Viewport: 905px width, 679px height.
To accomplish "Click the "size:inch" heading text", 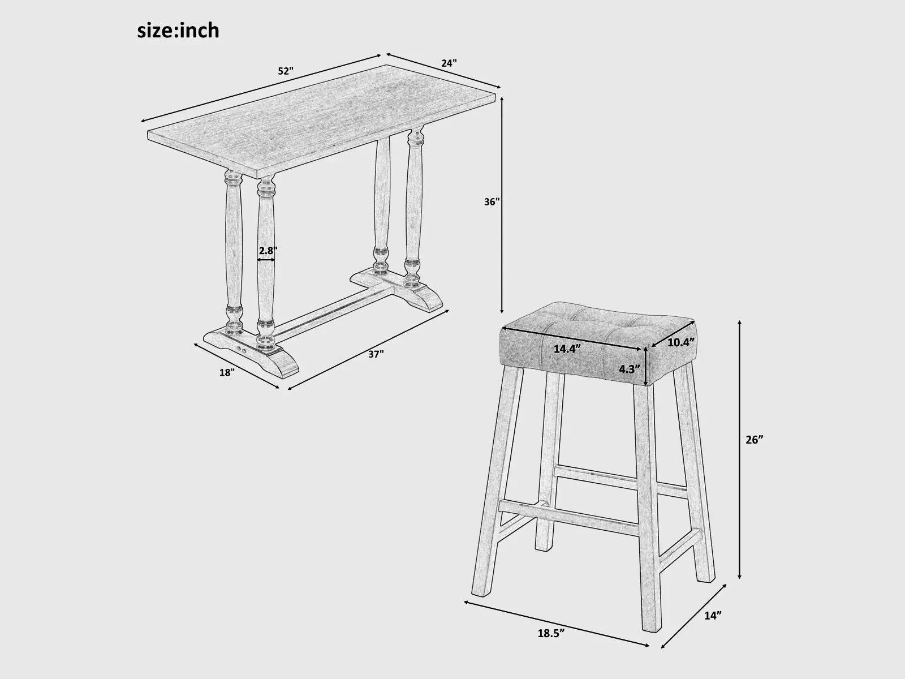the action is click(x=178, y=31).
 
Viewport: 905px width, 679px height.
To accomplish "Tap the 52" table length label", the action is click(x=285, y=71).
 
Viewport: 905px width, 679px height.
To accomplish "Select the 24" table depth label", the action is click(x=449, y=63).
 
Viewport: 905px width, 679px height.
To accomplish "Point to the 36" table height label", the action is click(x=492, y=201).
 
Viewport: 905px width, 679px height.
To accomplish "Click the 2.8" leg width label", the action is click(x=268, y=250).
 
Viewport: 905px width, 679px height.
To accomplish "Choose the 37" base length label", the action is click(x=376, y=354).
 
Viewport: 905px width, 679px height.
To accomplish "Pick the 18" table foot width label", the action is click(x=227, y=372).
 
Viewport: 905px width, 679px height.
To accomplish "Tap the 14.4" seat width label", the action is click(x=567, y=349).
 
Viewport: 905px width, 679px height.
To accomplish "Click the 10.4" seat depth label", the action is click(x=681, y=342).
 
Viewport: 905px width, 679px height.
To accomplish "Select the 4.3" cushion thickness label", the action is click(x=629, y=369).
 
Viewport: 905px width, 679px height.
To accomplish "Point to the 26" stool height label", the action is click(x=755, y=440).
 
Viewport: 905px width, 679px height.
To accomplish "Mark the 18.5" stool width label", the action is click(x=551, y=633).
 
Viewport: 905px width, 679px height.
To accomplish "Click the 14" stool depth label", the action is click(x=713, y=616).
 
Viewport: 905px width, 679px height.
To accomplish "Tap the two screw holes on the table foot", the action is click(x=241, y=350).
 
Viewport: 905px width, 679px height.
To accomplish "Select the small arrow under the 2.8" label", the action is click(x=266, y=260).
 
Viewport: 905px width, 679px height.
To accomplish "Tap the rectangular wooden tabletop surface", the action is click(x=322, y=115).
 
